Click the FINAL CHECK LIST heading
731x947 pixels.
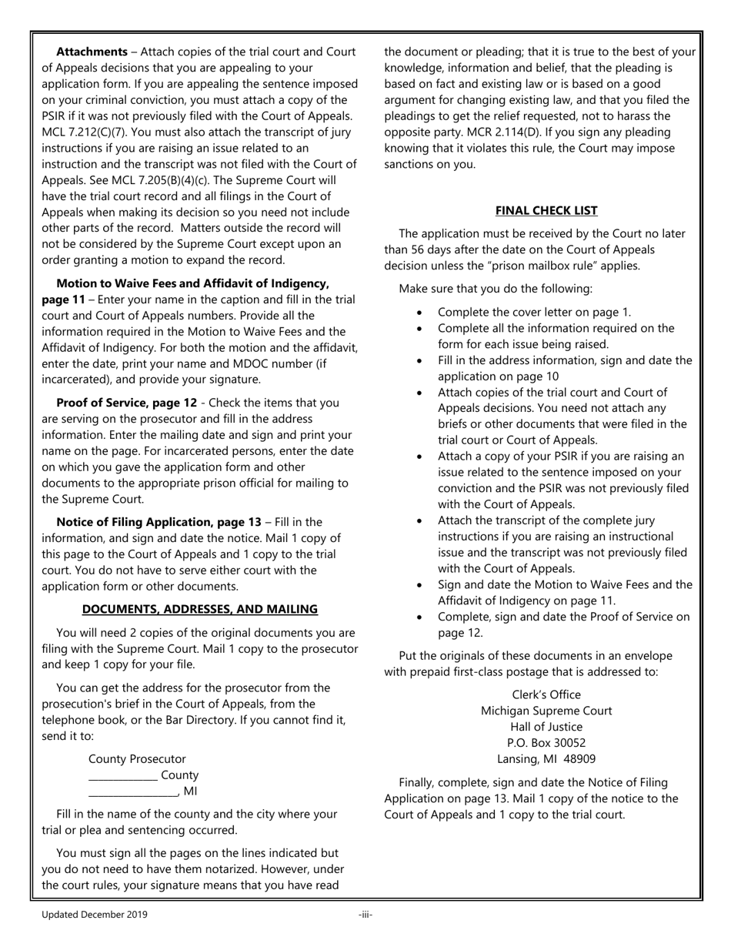pyautogui.click(x=546, y=210)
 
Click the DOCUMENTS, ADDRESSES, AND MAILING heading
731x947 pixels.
pyautogui.click(x=199, y=609)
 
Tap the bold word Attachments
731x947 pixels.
pyautogui.click(x=92, y=52)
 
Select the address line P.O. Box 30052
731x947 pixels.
pyautogui.click(x=546, y=743)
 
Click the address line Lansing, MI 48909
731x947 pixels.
pyautogui.click(x=546, y=759)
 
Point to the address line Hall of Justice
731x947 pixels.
pyautogui.click(x=546, y=727)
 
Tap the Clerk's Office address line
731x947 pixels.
pyautogui.click(x=546, y=694)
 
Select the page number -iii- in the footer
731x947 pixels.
pyautogui.click(x=365, y=915)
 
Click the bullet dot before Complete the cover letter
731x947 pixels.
pyautogui.click(x=419, y=313)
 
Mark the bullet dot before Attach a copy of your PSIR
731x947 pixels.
pyautogui.click(x=419, y=457)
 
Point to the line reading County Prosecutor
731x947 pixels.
pyautogui.click(x=137, y=759)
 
